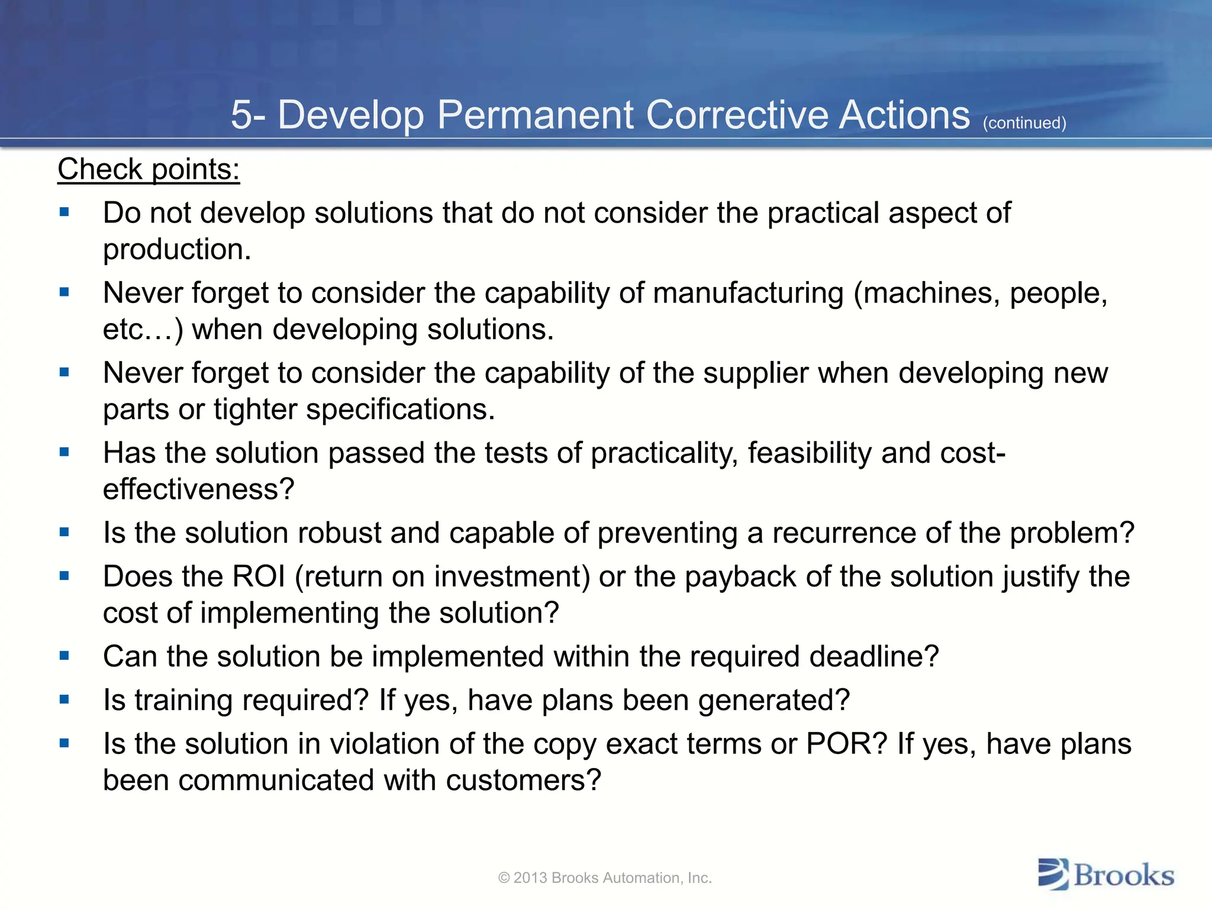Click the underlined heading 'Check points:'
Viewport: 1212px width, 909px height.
pyautogui.click(x=149, y=170)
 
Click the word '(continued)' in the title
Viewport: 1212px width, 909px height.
pyautogui.click(x=1024, y=123)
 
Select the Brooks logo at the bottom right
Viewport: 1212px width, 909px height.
pyautogui.click(x=1105, y=875)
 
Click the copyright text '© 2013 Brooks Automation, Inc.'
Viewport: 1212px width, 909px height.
pyautogui.click(x=605, y=878)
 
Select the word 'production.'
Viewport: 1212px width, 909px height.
pyautogui.click(x=177, y=250)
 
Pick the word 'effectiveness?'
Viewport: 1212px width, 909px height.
pyautogui.click(x=198, y=489)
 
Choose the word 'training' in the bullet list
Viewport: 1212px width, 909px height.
pyautogui.click(x=183, y=700)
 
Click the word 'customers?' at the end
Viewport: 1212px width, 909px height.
pyautogui.click(x=523, y=781)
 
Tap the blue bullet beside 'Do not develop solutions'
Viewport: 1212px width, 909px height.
pyautogui.click(x=65, y=212)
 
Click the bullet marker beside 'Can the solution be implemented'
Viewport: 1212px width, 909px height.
pyautogui.click(x=65, y=656)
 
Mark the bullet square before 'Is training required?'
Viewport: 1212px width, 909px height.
pyautogui.click(x=65, y=700)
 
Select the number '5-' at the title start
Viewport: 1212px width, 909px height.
pyautogui.click(x=248, y=115)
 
